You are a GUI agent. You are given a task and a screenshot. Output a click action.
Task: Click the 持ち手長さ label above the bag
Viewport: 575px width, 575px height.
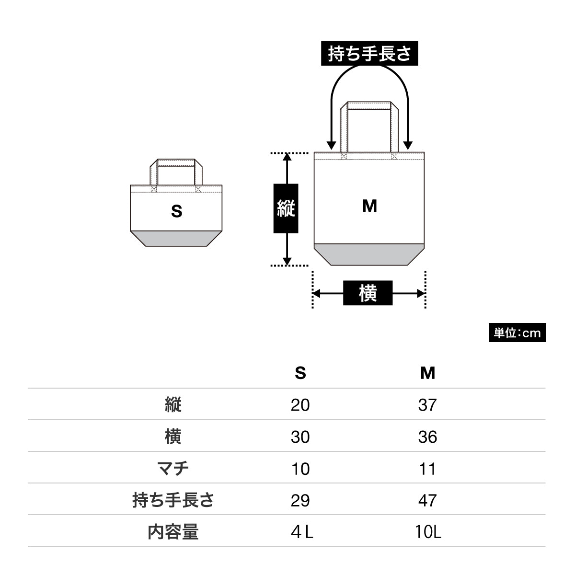[369, 54]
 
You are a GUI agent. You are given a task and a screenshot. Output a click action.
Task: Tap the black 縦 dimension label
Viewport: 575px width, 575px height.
[286, 208]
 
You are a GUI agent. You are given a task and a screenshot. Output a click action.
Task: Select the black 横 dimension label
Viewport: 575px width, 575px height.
[368, 293]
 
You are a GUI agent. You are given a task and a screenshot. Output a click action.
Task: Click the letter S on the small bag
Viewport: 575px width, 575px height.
[177, 211]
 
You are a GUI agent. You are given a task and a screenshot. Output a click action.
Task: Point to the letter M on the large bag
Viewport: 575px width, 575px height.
[369, 206]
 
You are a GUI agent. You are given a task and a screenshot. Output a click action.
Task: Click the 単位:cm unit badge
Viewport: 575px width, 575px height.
[517, 333]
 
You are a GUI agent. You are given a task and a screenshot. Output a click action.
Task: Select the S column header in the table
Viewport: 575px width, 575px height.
[300, 373]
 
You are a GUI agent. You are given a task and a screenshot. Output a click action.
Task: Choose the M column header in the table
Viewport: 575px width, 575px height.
[427, 373]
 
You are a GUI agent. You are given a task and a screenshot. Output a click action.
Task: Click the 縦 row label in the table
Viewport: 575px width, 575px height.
[173, 405]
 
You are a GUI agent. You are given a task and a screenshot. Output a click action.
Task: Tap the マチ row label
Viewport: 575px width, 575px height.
[173, 468]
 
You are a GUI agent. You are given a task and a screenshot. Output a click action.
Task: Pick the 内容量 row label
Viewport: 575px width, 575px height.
[173, 531]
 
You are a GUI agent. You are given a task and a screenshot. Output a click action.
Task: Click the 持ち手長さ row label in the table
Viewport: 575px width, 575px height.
[173, 500]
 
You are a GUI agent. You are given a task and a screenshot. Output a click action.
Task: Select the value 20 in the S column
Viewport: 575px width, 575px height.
[300, 405]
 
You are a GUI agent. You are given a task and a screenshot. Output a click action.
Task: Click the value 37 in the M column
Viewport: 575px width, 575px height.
[427, 405]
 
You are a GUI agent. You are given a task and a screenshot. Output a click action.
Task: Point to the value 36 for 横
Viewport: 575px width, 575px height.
[427, 437]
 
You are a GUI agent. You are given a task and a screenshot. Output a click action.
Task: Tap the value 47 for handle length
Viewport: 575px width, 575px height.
[427, 500]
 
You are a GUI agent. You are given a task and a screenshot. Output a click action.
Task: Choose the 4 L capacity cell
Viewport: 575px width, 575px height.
[301, 532]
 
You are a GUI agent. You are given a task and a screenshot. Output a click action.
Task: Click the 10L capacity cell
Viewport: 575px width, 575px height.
[428, 532]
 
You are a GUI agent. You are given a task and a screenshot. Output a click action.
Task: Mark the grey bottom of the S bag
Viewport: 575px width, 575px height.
[176, 238]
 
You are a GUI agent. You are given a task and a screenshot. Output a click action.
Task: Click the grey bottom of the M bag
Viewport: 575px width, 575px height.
[369, 254]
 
